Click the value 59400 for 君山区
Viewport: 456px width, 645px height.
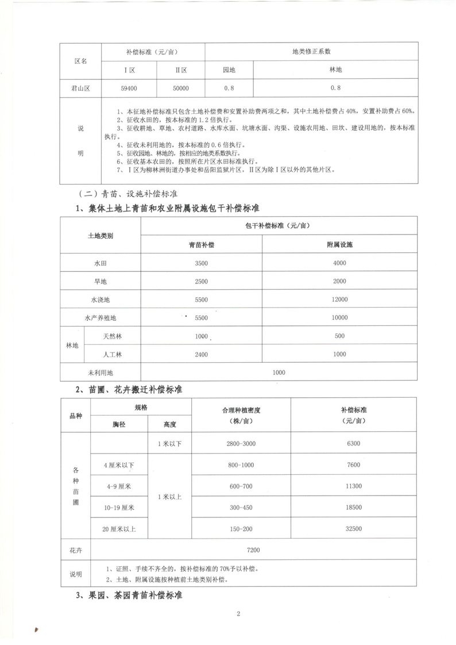129,89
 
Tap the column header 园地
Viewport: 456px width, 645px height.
229,70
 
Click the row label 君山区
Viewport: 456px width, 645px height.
81,89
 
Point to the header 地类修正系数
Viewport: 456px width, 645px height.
311,51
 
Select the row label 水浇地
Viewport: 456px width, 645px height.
101,300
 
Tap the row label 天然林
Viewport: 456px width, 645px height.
113,336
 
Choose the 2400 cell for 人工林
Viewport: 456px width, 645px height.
201,354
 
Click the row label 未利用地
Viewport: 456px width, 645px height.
101,373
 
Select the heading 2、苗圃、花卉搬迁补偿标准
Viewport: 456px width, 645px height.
129,390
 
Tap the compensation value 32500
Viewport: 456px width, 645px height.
354,528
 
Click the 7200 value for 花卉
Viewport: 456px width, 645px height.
253,550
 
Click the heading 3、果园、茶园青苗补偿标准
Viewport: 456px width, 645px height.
129,596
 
